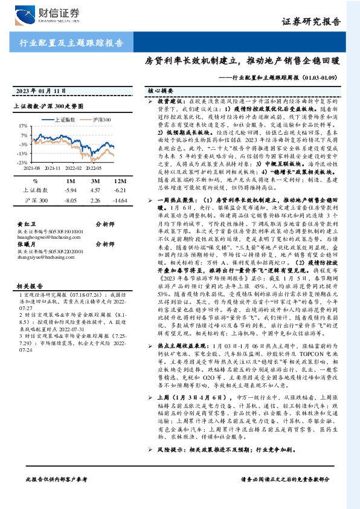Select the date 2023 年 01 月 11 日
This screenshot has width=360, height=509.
coord(43,91)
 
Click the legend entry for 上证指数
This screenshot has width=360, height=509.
coord(66,120)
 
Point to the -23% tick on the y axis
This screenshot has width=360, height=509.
coord(21,162)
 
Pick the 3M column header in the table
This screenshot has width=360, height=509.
coord(96,181)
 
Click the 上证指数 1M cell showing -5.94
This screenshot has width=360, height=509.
coord(71,190)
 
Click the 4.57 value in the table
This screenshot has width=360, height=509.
coord(96,190)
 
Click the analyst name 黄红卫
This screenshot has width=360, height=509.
coord(23,223)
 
